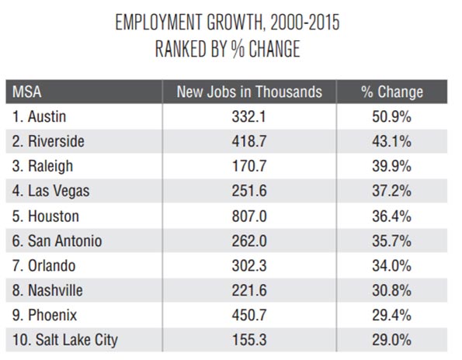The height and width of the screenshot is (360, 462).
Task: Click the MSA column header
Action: [27, 92]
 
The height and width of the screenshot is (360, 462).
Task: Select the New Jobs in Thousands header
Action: [249, 92]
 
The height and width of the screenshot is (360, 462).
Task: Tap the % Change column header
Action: [392, 92]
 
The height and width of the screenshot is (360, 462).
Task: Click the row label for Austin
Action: [39, 116]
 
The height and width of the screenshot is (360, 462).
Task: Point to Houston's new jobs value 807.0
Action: [249, 216]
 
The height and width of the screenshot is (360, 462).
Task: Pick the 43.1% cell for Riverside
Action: [391, 141]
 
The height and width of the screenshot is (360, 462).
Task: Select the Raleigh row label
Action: [43, 167]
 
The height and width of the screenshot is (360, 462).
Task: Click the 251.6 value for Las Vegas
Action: [249, 191]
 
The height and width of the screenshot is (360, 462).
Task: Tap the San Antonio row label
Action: [57, 241]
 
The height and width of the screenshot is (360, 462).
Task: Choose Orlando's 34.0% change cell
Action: [391, 266]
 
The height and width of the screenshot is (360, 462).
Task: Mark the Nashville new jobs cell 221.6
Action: [249, 290]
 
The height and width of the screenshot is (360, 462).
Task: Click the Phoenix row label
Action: [44, 315]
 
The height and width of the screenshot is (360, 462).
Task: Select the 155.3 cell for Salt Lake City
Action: [249, 340]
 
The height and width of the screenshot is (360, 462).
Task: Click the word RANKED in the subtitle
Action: [181, 49]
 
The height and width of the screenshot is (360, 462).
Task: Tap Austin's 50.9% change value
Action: [391, 117]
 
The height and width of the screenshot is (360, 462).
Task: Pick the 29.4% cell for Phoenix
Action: [391, 315]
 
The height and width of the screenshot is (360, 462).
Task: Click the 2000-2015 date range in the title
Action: [305, 22]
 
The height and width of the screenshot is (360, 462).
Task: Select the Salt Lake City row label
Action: [65, 341]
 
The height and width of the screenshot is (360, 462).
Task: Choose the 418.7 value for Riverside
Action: [249, 141]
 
